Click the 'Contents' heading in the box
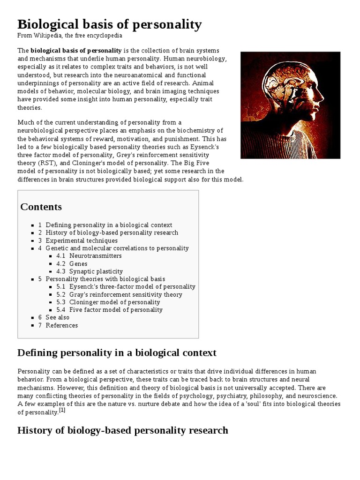click(x=41, y=207)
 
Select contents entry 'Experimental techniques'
click(x=82, y=240)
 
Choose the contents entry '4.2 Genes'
click(x=78, y=264)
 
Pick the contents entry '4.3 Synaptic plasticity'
click(x=96, y=271)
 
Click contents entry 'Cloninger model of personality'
click(x=114, y=302)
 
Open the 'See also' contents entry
click(x=57, y=317)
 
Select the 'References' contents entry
click(x=61, y=325)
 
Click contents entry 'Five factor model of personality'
click(x=116, y=310)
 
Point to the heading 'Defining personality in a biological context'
click(x=117, y=352)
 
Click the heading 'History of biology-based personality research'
click(x=122, y=430)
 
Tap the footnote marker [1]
click(x=62, y=411)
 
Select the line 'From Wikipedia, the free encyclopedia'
click(x=70, y=36)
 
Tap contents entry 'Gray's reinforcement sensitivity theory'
click(x=126, y=294)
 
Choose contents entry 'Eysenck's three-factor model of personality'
click(x=132, y=287)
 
